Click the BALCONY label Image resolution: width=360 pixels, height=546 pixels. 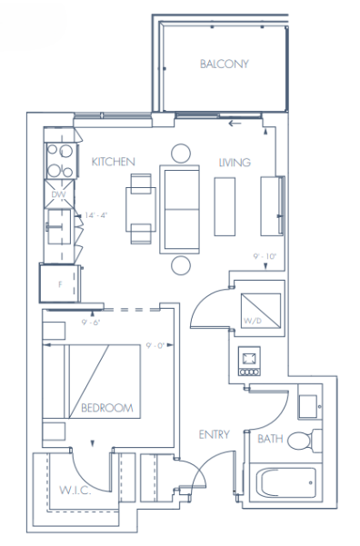pyautogui.click(x=224, y=64)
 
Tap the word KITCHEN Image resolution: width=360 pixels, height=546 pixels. pyautogui.click(x=114, y=162)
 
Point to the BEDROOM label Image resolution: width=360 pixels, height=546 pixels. pyautogui.click(x=106, y=409)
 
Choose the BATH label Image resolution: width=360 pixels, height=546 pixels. pyautogui.click(x=270, y=439)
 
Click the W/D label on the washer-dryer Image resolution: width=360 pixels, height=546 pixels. pyautogui.click(x=251, y=319)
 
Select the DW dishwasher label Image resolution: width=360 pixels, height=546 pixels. pyautogui.click(x=59, y=195)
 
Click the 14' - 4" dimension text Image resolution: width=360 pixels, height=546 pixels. pyautogui.click(x=96, y=215)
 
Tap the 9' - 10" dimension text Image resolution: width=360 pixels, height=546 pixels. pyautogui.click(x=265, y=257)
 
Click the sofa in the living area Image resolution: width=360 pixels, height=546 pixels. pyautogui.click(x=180, y=208)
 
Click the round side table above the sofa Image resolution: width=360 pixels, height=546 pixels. pyautogui.click(x=182, y=152)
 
